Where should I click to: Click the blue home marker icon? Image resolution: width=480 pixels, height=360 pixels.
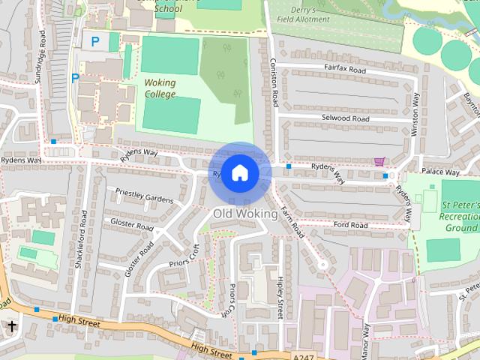tap(240, 173)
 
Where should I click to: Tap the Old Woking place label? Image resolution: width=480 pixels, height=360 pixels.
tap(245, 214)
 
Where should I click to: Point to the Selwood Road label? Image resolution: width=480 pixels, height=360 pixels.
tap(346, 118)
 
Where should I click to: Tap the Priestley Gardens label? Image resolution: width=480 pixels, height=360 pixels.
tap(144, 196)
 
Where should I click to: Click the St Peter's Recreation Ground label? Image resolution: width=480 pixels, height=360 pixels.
tap(460, 216)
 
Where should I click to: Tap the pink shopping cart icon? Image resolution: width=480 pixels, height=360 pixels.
tap(379, 161)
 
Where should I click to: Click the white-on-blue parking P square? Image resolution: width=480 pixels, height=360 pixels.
tap(95, 42)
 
